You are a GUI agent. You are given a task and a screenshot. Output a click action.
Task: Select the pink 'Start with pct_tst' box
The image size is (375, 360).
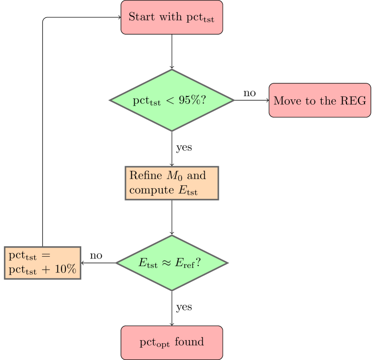[171, 17]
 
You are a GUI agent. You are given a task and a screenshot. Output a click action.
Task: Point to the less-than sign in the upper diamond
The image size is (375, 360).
[170, 101]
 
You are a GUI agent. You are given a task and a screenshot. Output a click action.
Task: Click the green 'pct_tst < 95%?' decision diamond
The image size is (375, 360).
[171, 100]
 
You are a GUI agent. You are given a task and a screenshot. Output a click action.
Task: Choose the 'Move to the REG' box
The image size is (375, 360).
[319, 100]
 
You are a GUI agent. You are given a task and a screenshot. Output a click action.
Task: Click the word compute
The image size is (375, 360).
[149, 190]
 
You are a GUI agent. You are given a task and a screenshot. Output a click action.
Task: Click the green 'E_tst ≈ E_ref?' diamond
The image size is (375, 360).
[171, 263]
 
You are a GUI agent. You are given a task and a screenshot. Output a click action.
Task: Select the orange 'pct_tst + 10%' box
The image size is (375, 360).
[43, 263]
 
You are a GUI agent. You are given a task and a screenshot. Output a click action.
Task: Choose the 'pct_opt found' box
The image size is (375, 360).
[171, 342]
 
